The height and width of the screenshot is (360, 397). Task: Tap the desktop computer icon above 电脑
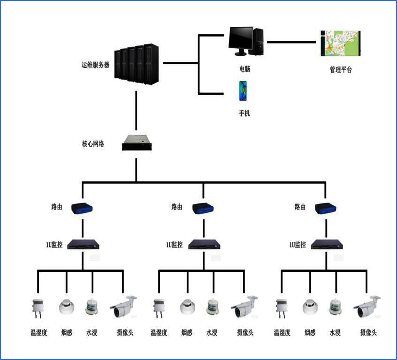point(245,41)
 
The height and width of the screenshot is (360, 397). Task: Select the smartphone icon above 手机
point(243,90)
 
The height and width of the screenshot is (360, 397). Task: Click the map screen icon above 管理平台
point(340,44)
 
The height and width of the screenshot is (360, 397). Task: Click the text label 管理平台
point(340,70)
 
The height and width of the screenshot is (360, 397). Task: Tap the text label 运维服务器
point(95,65)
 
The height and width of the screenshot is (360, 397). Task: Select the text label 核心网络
point(93,143)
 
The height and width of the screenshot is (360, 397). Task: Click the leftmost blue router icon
point(83,208)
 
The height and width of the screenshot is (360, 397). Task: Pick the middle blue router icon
point(204,208)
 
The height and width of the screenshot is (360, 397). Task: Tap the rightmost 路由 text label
point(300,207)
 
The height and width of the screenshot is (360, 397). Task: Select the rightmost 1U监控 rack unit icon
point(327,244)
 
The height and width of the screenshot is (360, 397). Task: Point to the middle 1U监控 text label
point(174,244)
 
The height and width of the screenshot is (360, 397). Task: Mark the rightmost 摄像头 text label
point(368,333)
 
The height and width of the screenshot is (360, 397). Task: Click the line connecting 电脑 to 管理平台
point(291,42)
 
